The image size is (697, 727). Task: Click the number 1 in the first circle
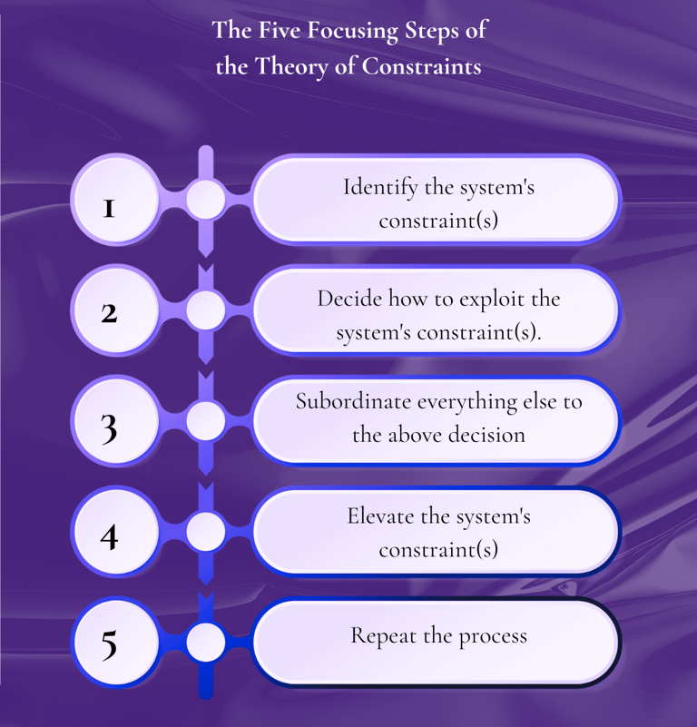coord(109,209)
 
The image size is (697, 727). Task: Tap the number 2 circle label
coord(109,313)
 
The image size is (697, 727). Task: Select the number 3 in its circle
coord(109,427)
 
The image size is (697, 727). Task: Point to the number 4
coord(109,536)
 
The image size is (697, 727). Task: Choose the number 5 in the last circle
coord(109,643)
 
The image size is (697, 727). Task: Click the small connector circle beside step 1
coord(206,199)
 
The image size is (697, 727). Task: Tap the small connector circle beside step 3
coord(206,421)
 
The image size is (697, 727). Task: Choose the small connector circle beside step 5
coord(206,643)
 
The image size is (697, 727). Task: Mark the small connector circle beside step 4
coord(206,532)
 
